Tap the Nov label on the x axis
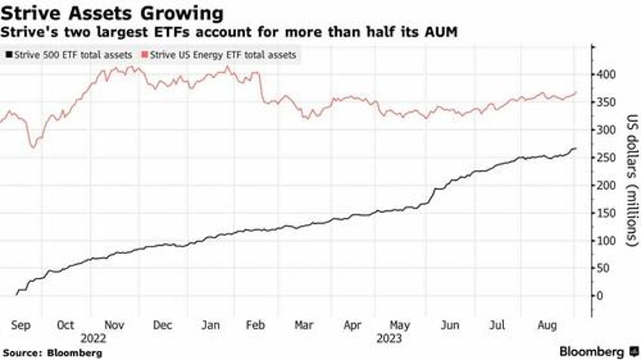pyautogui.click(x=114, y=326)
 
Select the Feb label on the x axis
pyautogui.click(x=255, y=326)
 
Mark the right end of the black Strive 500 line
pyautogui.click(x=576, y=148)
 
